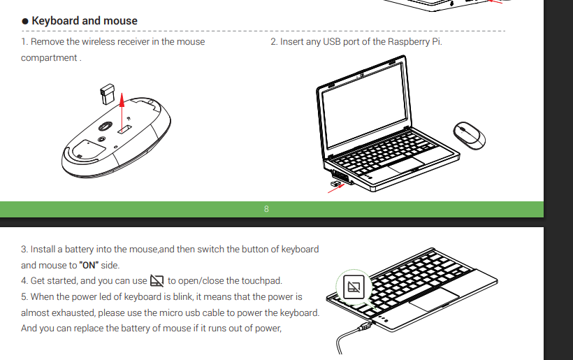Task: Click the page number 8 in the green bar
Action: pyautogui.click(x=266, y=209)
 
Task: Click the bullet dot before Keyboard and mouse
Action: pyautogui.click(x=25, y=21)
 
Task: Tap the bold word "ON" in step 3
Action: pyautogui.click(x=89, y=265)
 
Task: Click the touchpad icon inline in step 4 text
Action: pyautogui.click(x=157, y=281)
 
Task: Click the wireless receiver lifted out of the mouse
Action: pyautogui.click(x=108, y=94)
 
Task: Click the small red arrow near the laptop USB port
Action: pyautogui.click(x=336, y=189)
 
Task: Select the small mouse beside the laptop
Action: pyautogui.click(x=469, y=135)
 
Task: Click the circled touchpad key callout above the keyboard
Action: pyautogui.click(x=354, y=287)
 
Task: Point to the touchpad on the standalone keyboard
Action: pyautogui.click(x=434, y=299)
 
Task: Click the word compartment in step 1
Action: pyautogui.click(x=49, y=58)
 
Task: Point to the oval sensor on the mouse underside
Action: pyautogui.click(x=106, y=127)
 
